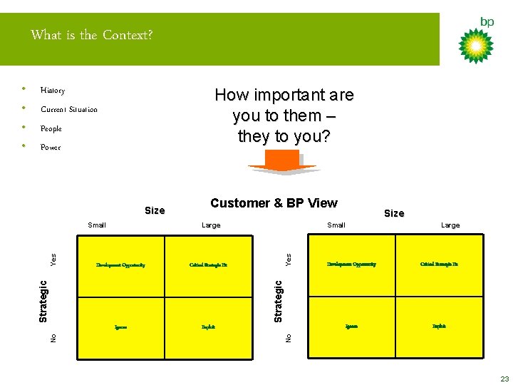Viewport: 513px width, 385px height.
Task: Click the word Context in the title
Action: [128, 35]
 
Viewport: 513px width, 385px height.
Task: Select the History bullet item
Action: [53, 91]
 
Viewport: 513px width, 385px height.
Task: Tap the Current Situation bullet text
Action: [69, 110]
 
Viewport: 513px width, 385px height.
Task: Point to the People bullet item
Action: [51, 129]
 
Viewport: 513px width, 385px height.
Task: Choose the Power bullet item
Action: [51, 148]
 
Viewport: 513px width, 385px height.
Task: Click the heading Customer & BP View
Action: [274, 203]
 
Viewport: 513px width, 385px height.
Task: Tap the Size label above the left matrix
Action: [155, 210]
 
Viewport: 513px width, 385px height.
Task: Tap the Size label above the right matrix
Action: [394, 213]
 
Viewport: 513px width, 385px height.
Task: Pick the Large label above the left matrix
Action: [212, 225]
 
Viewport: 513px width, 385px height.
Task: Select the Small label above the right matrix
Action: [336, 225]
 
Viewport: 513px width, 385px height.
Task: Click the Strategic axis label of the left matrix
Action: [43, 300]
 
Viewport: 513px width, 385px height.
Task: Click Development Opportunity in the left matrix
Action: [120, 265]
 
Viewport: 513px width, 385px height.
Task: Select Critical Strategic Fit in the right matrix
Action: [439, 265]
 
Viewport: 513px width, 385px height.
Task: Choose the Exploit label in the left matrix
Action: [208, 327]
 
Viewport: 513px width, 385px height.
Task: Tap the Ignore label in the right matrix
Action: [351, 327]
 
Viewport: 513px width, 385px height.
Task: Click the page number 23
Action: [504, 379]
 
